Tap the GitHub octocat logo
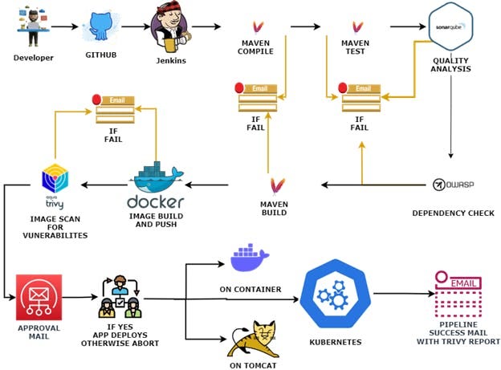(101, 27)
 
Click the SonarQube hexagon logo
(450, 26)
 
